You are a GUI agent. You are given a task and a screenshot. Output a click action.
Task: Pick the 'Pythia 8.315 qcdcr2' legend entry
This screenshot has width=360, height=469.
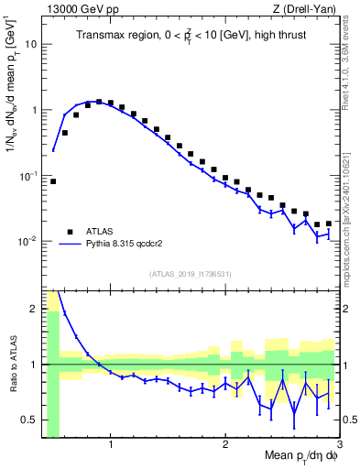(x=127, y=245)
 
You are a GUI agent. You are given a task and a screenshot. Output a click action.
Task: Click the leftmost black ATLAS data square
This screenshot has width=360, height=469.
(x=53, y=181)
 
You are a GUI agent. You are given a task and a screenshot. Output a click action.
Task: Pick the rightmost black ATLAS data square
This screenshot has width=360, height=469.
(x=329, y=223)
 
